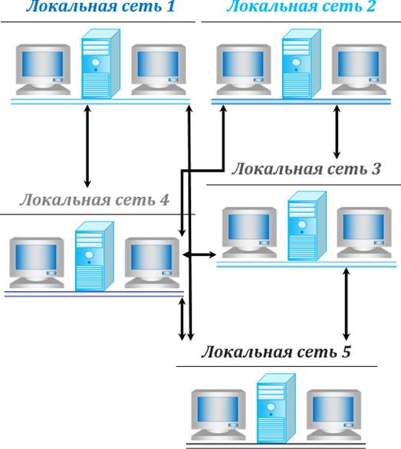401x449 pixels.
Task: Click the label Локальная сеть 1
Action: click(x=100, y=5)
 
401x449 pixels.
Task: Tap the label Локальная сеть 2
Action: click(x=301, y=5)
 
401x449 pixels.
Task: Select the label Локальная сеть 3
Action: click(x=306, y=169)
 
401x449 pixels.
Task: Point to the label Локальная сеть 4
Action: click(x=94, y=199)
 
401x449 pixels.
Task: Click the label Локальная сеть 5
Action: click(x=276, y=352)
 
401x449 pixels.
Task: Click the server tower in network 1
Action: click(x=100, y=64)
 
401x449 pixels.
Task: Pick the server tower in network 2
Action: click(x=301, y=64)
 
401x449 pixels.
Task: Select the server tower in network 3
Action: click(x=307, y=226)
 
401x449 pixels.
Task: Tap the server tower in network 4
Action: click(x=94, y=256)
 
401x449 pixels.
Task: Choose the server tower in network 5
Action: click(x=276, y=408)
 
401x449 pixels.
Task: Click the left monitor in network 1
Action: click(x=43, y=70)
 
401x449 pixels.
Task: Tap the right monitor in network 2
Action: click(x=359, y=70)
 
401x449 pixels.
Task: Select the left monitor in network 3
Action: click(x=249, y=232)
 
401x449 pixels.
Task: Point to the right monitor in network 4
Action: click(x=152, y=263)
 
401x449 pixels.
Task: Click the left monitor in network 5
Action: click(x=219, y=415)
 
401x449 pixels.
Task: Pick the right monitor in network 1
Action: click(x=159, y=70)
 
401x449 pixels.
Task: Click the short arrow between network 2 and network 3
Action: click(x=337, y=132)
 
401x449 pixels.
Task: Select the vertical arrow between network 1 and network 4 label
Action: click(x=87, y=146)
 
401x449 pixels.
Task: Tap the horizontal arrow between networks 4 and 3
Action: click(x=199, y=254)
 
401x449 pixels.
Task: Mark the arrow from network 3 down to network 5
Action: click(x=347, y=303)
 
